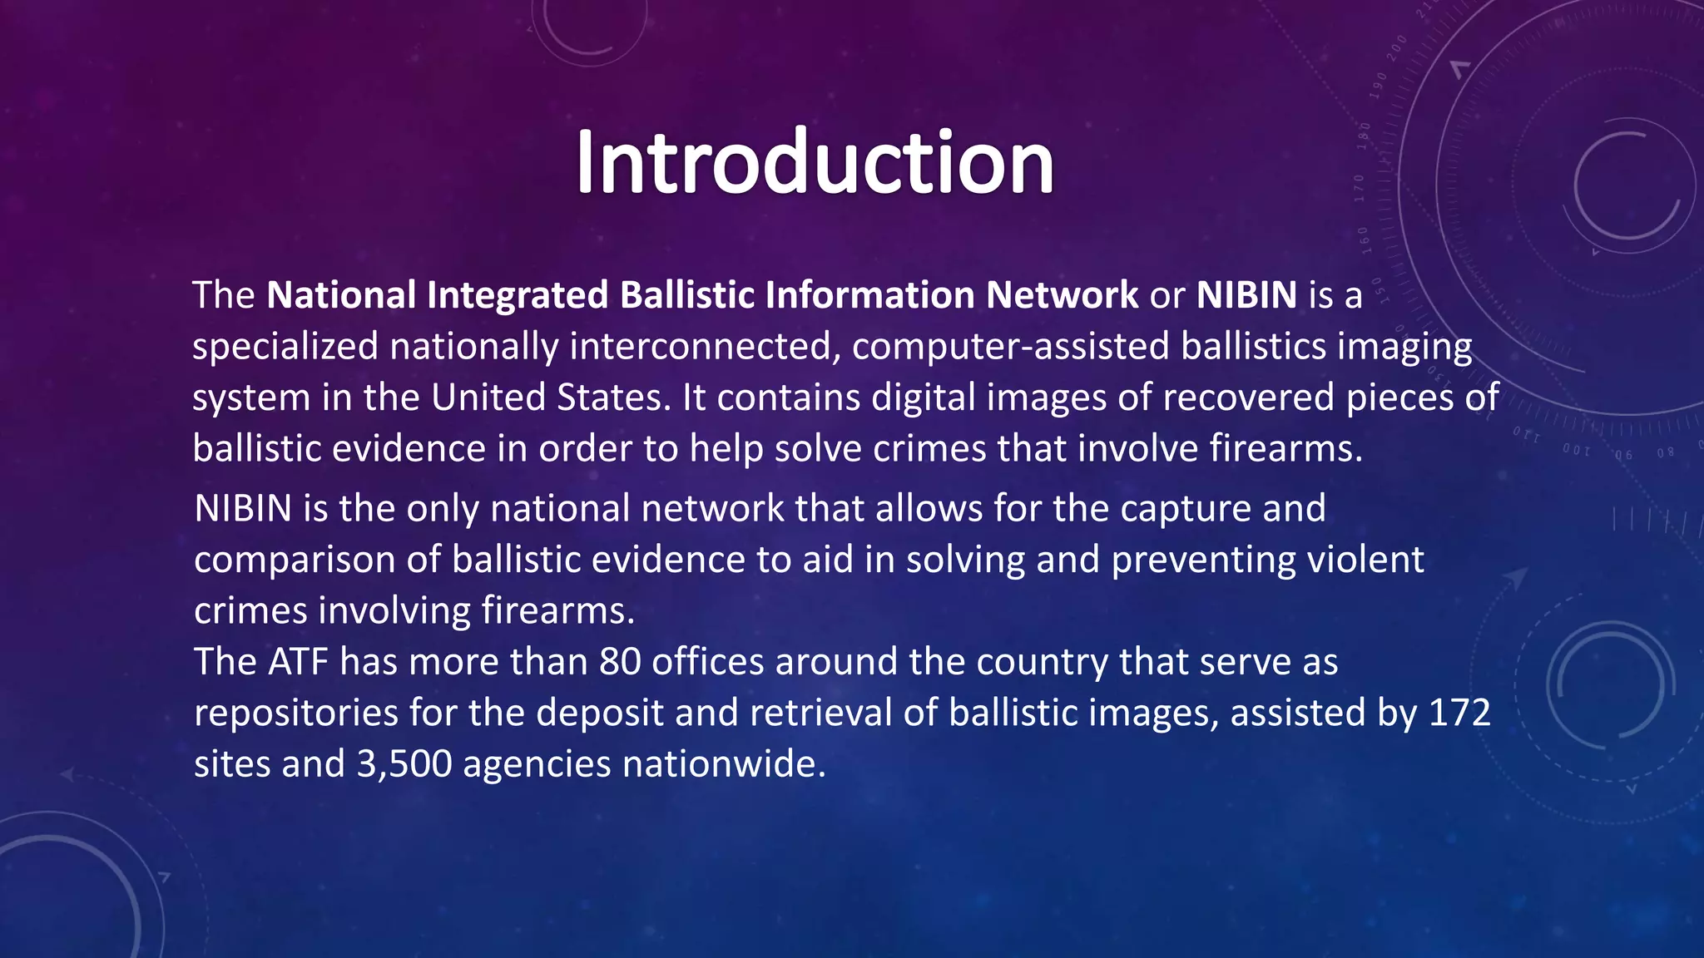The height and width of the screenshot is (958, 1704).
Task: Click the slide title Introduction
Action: pos(815,162)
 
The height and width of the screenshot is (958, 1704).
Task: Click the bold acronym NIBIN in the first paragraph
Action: pos(1246,295)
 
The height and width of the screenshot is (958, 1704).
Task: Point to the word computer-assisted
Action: pos(1010,347)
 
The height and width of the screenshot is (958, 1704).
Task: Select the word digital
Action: pos(924,398)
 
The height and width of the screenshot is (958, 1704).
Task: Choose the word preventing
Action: pos(1203,560)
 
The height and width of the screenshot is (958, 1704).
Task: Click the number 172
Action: pos(1459,714)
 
